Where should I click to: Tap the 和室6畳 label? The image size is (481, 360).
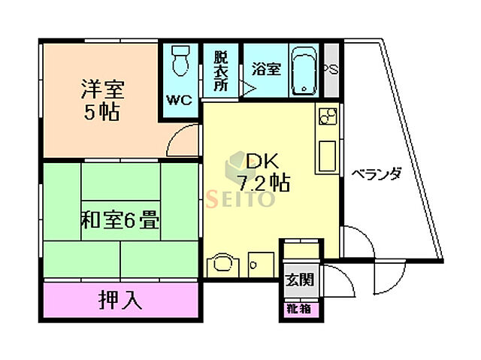coord(119,221)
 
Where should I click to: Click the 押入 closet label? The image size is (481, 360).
coord(120,300)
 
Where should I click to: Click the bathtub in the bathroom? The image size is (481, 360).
coord(304,71)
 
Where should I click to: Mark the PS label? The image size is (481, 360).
coord(330,70)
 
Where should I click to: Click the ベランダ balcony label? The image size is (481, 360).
coord(376,174)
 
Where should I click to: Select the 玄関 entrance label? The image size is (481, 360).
coord(299,280)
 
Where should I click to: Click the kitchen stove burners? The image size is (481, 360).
coord(328,118)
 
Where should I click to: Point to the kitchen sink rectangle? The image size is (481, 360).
coord(328,156)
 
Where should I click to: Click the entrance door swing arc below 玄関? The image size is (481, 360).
coord(335,286)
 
